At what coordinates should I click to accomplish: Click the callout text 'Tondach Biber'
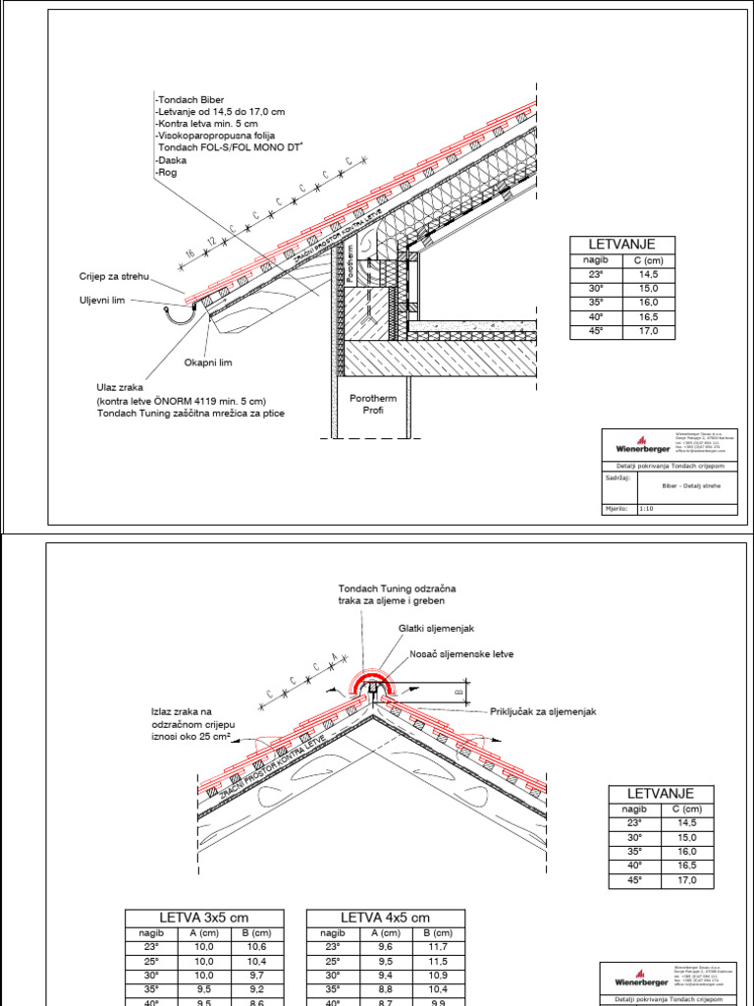tap(191, 99)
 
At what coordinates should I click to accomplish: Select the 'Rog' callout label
tap(165, 173)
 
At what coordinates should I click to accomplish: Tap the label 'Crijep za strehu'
tap(116, 278)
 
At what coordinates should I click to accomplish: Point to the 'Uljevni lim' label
tap(102, 301)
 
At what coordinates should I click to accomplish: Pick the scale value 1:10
tap(647, 509)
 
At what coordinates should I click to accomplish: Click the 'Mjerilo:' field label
tap(616, 509)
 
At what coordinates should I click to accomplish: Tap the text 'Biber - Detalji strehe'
tap(684, 484)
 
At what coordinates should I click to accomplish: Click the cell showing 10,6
tap(253, 946)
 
